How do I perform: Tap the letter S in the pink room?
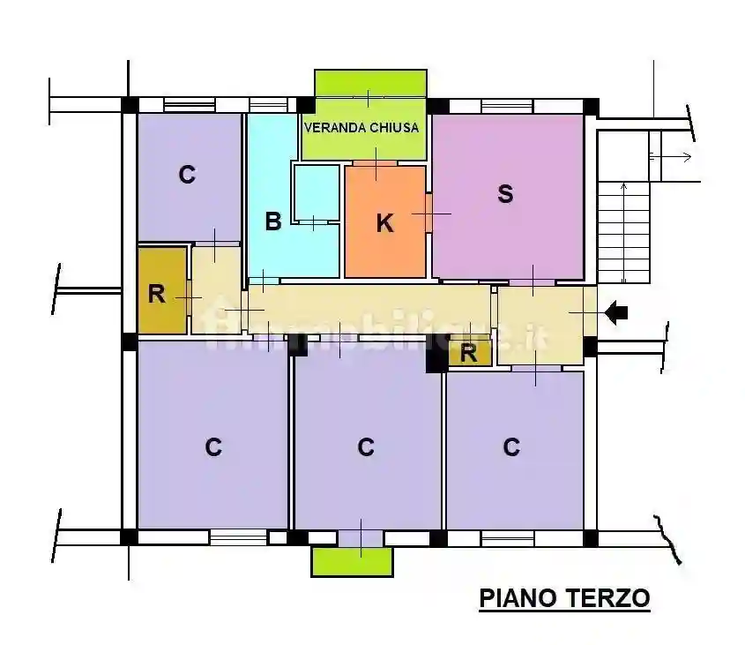(505, 194)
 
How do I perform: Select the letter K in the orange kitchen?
(384, 223)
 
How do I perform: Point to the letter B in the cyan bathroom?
(273, 221)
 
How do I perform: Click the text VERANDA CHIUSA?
(361, 127)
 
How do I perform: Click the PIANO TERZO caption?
(564, 598)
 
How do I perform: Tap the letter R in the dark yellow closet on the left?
(157, 294)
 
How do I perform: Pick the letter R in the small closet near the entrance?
(469, 354)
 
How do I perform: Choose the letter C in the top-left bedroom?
(186, 175)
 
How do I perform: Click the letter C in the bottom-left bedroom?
(212, 447)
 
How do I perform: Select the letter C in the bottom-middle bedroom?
(366, 447)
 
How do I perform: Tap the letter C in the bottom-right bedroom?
(511, 447)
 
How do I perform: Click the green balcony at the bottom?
(351, 562)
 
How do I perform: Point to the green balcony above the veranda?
(370, 82)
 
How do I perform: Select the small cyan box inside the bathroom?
(316, 192)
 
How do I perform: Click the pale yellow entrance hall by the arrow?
(540, 325)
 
